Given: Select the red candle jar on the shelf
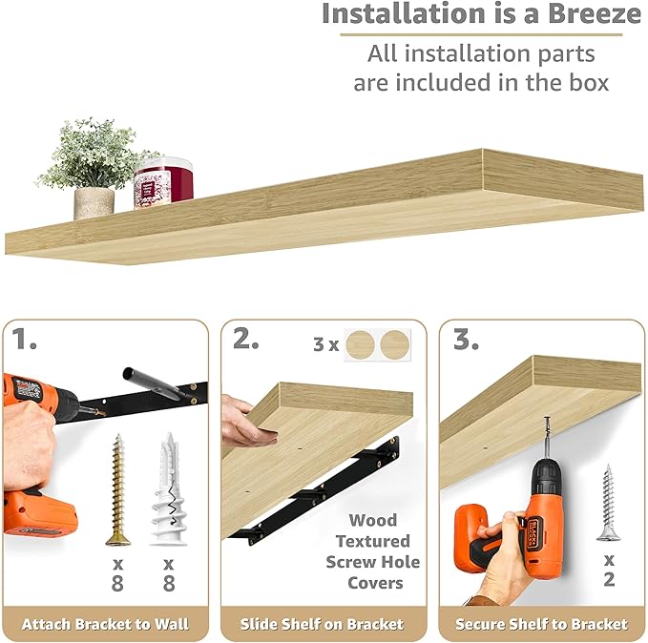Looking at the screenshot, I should tap(163, 181).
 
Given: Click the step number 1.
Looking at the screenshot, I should tap(26, 338).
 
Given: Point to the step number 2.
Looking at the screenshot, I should tap(246, 340).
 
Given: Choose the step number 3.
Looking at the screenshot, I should tap(466, 340).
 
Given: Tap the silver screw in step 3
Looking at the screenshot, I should tap(606, 503).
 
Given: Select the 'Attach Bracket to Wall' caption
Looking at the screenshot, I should tap(105, 625).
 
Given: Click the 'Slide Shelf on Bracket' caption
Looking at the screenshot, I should tap(323, 625).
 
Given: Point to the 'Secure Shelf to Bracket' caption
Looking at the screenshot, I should tap(541, 625).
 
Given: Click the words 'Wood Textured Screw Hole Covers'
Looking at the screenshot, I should tap(372, 551).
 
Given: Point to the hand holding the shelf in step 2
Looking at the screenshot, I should tap(245, 420).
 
